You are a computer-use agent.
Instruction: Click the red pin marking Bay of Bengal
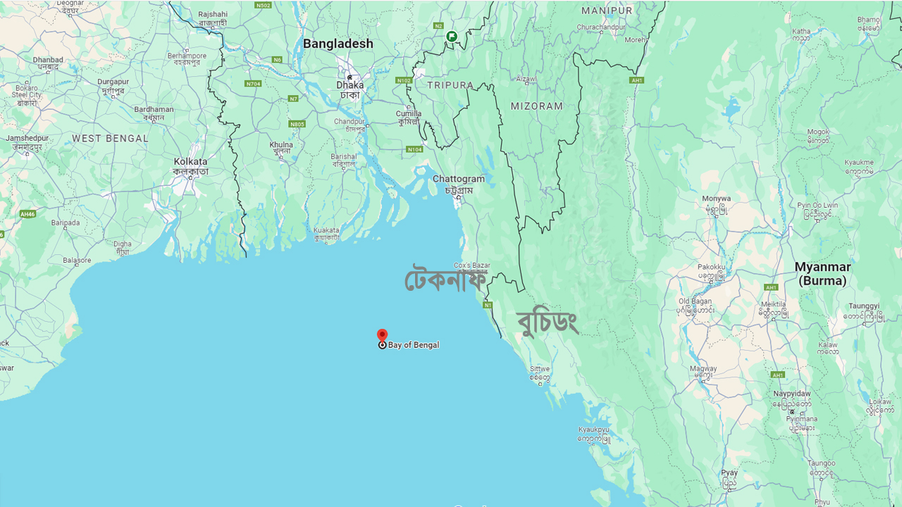click(x=382, y=336)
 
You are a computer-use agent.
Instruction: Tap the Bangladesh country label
click(x=338, y=44)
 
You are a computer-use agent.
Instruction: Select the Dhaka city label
click(x=350, y=85)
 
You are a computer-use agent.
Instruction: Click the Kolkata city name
click(x=190, y=162)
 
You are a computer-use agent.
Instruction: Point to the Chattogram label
click(x=459, y=180)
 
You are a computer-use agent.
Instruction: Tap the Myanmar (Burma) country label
click(x=822, y=274)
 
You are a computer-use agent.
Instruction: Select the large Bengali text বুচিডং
click(x=548, y=323)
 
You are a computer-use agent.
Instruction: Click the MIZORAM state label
click(x=537, y=106)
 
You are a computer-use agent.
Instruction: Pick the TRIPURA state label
click(x=450, y=85)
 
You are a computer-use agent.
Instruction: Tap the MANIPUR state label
click(x=607, y=11)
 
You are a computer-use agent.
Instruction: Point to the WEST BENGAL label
click(x=110, y=139)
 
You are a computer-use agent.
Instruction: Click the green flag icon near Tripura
click(x=452, y=36)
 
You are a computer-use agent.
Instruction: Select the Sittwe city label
click(x=540, y=368)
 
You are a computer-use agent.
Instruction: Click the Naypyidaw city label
click(x=791, y=394)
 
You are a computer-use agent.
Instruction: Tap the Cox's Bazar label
click(x=471, y=265)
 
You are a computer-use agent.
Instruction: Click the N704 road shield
click(x=253, y=84)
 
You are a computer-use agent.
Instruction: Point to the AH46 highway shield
click(x=27, y=214)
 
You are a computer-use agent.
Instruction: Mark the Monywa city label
click(x=716, y=199)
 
